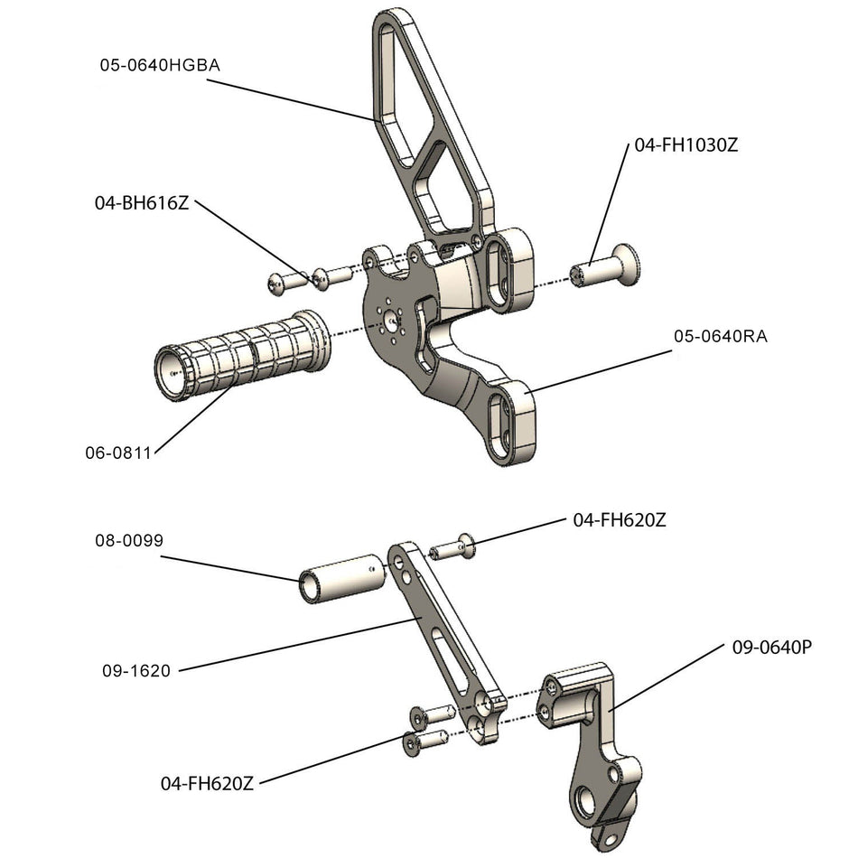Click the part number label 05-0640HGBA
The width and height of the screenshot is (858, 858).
160,66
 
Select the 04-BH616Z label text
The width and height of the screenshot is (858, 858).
142,203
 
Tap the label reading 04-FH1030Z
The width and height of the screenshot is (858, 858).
686,145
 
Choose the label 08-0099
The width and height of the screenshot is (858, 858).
128,541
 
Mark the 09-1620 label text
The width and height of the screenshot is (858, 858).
135,671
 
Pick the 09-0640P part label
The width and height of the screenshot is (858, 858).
769,648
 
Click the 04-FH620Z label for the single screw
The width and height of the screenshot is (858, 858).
620,520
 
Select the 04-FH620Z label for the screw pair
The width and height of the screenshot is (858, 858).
207,783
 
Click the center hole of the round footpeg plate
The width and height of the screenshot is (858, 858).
391,319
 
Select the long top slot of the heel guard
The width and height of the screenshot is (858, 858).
395,72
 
